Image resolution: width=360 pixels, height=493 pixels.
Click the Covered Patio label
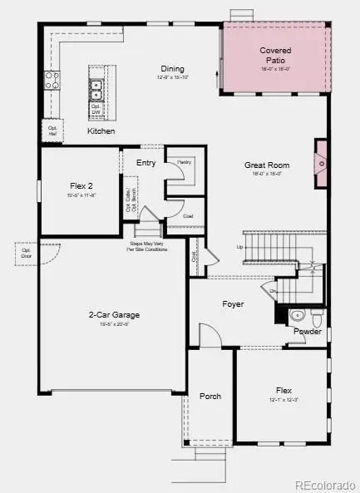275,56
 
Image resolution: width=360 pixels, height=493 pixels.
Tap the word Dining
173,69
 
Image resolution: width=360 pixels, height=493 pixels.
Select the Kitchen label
101,131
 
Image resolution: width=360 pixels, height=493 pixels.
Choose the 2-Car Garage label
114,315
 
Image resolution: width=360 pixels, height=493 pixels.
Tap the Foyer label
233,304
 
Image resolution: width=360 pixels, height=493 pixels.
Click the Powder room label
307,331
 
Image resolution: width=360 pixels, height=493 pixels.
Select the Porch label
210,396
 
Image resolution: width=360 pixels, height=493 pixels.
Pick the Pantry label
184,161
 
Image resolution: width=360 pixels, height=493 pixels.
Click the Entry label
146,163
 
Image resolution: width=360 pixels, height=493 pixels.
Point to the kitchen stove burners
52,80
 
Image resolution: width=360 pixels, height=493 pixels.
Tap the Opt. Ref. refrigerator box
52,129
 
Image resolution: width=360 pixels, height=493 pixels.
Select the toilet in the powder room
317,316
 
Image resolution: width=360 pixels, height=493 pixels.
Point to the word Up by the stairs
240,247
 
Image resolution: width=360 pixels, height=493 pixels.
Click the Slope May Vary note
147,247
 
